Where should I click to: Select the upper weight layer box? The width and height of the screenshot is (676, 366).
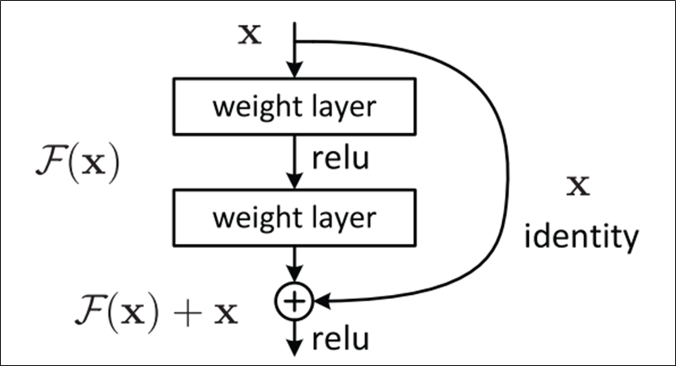tap(295, 107)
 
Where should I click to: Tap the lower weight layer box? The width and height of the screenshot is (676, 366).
tap(295, 218)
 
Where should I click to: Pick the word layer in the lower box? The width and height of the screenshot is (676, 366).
tap(344, 218)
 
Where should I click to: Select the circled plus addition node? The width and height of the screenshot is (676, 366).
tap(294, 301)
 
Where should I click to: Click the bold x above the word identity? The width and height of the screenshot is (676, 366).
tap(577, 187)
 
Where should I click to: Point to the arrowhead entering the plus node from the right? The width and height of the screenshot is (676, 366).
tap(320, 301)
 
